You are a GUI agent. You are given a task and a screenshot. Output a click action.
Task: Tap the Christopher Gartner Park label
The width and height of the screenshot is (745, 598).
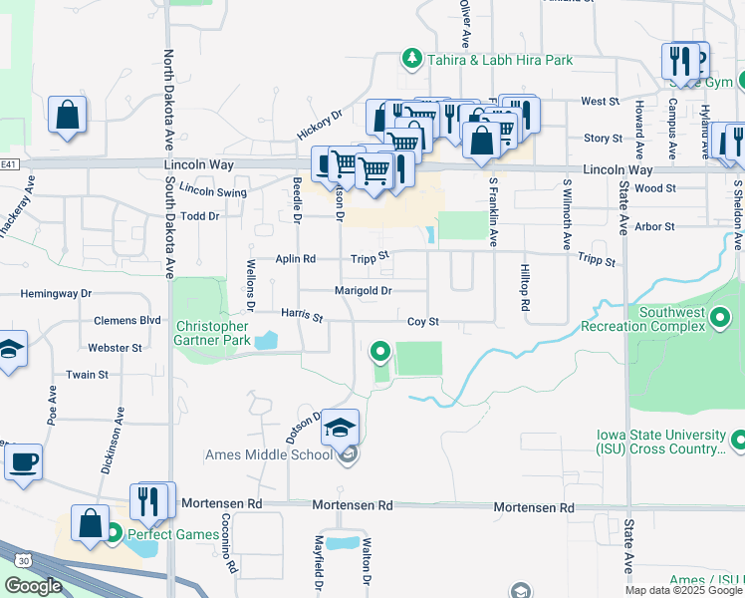click(212, 333)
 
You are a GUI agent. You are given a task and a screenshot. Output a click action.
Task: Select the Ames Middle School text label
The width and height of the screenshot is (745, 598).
click(268, 455)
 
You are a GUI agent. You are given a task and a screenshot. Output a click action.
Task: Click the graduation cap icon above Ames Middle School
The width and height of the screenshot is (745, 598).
click(339, 428)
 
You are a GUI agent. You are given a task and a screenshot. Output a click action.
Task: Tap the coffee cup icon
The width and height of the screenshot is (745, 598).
click(23, 462)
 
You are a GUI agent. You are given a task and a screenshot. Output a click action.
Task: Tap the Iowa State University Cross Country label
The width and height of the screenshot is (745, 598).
click(660, 443)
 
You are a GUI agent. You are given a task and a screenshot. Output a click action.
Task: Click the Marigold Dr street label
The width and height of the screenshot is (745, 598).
click(363, 291)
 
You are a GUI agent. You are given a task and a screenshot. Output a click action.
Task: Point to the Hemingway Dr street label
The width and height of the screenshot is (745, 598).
click(56, 294)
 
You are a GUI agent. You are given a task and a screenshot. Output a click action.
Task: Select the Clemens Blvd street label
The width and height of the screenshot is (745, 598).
click(127, 321)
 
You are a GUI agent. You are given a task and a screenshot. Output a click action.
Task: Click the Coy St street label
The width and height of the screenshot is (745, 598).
click(423, 322)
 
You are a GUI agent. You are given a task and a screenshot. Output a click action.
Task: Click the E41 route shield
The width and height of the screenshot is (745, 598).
click(8, 164)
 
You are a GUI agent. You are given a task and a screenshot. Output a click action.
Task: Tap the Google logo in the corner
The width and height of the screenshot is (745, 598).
click(33, 586)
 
